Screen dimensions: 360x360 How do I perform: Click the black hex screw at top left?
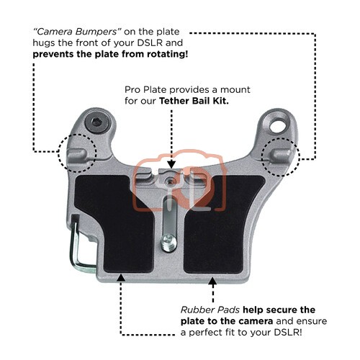97,123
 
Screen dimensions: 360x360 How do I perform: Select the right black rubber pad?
223,224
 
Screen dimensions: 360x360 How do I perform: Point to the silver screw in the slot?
168,243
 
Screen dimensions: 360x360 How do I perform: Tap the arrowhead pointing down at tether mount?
171,165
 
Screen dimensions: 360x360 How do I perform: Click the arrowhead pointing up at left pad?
120,278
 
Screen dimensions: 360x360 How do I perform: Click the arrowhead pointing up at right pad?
212,281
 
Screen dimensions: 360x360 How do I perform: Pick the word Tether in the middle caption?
174,101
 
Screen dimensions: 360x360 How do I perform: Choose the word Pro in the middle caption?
132,90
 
